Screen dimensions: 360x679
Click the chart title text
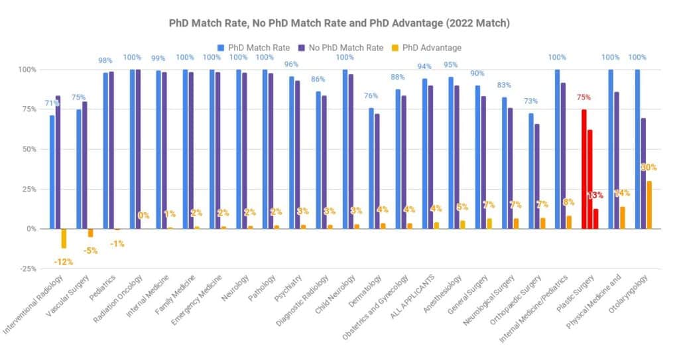339,23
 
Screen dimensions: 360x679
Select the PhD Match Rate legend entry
255,48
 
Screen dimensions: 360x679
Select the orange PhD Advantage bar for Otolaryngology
649,205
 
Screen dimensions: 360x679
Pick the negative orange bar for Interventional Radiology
64,239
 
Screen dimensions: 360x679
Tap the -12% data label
64,262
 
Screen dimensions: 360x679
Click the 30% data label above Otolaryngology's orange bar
649,167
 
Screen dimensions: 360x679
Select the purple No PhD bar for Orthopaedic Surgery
537,176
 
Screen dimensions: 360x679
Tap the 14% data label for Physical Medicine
622,193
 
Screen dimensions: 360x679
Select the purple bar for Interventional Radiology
58,162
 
